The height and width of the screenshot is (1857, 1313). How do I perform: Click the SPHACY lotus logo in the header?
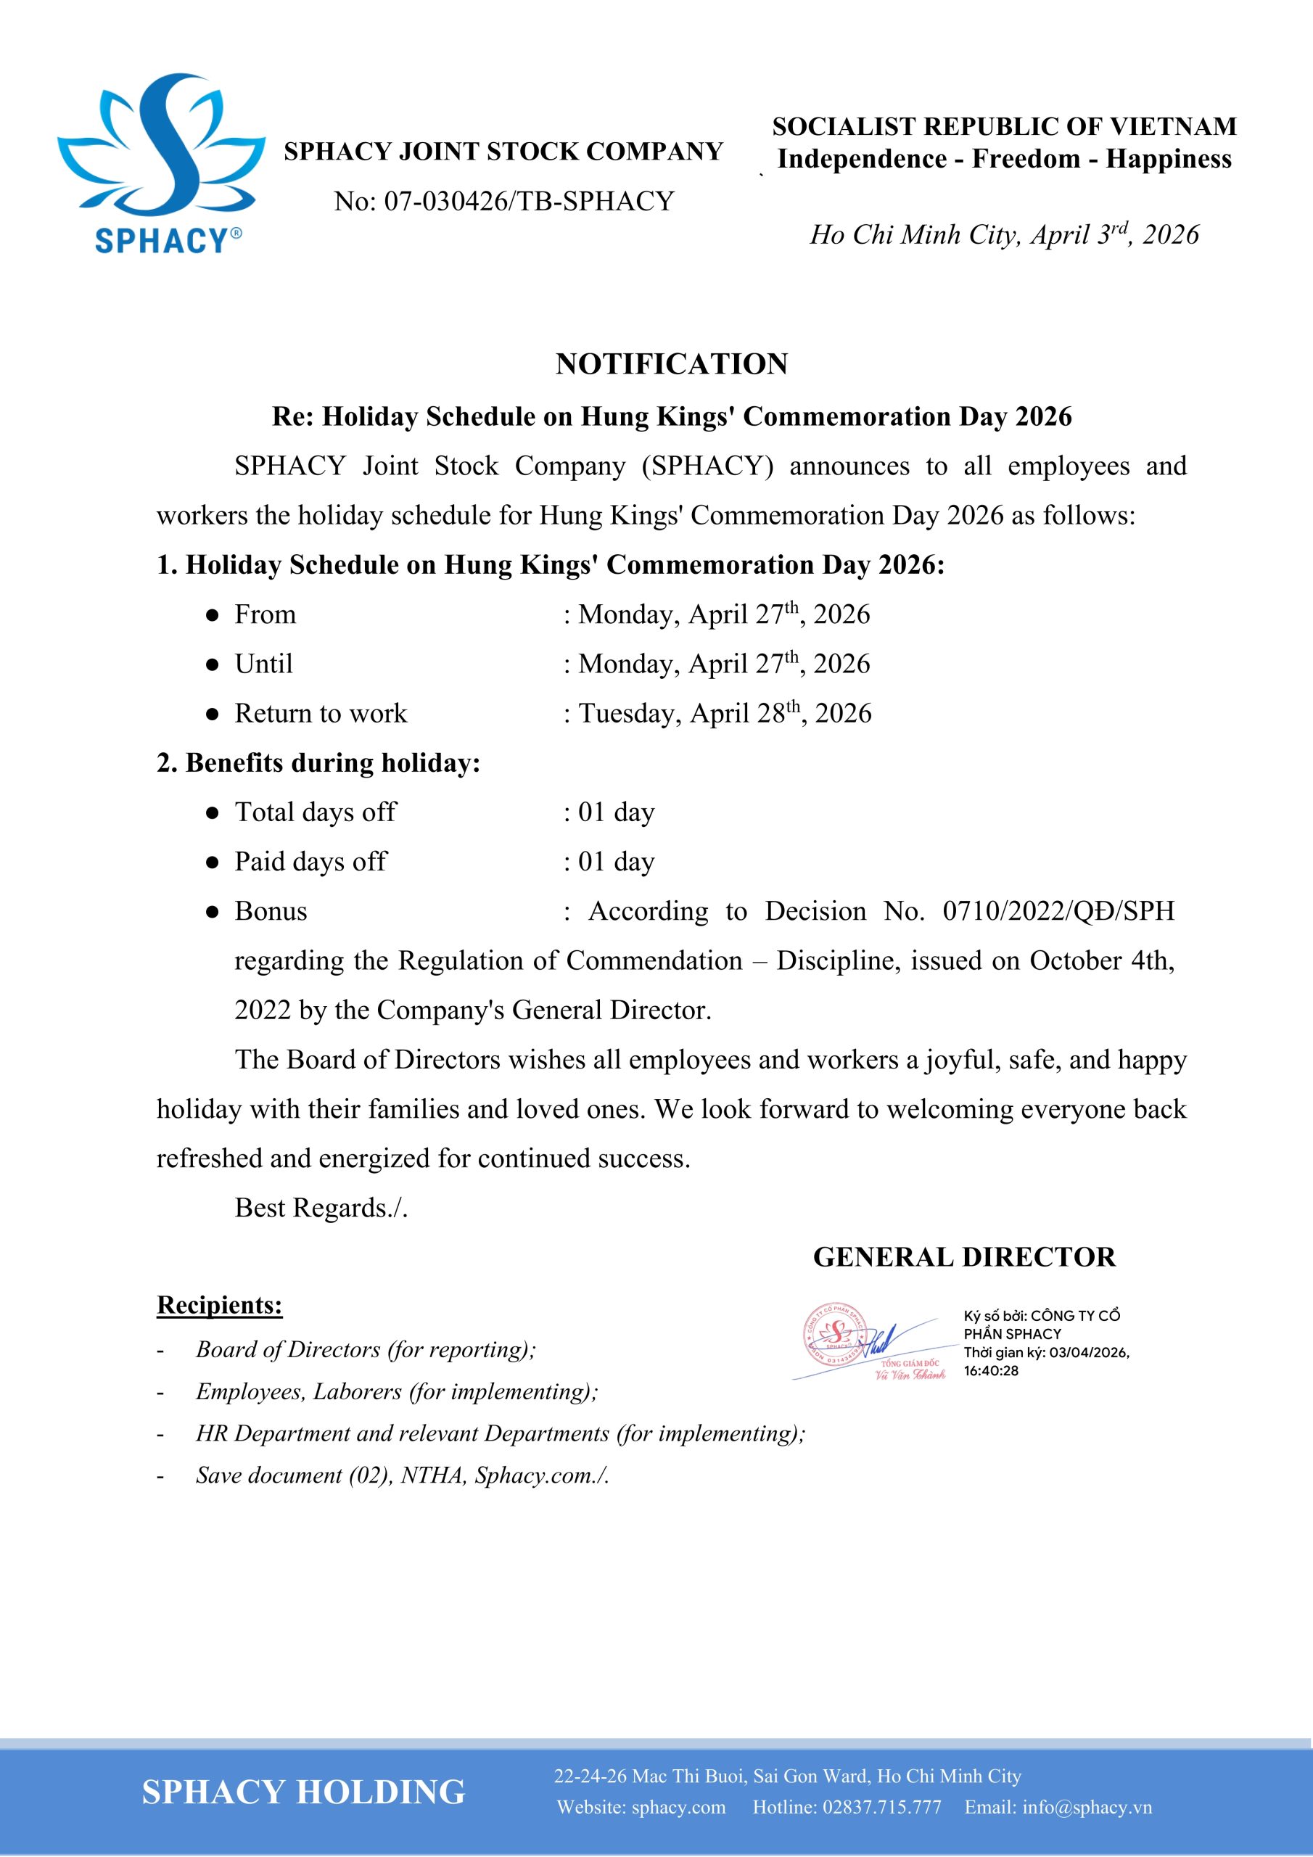click(x=161, y=162)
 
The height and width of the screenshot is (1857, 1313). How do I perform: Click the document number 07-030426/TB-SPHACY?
click(x=504, y=202)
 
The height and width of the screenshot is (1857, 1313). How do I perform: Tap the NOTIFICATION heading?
click(x=672, y=364)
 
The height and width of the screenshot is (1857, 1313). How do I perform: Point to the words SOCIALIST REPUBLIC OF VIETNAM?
click(x=1004, y=126)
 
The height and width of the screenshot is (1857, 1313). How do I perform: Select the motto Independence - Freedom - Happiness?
click(x=1004, y=159)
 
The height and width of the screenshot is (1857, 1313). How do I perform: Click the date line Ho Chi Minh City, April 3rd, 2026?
click(x=1004, y=234)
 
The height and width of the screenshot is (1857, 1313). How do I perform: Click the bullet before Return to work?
click(x=212, y=715)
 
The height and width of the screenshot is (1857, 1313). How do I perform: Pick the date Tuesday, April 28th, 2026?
click(x=725, y=713)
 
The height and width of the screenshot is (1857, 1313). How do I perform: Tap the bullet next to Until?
click(x=212, y=665)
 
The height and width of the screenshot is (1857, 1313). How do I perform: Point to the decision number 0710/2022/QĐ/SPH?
click(x=1058, y=912)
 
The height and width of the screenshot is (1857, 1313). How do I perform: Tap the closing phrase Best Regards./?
click(x=321, y=1208)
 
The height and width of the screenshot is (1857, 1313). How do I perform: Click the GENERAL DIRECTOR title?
click(x=964, y=1257)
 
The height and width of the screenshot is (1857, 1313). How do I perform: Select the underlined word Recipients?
click(x=219, y=1306)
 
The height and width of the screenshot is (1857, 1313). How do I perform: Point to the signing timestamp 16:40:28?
click(x=991, y=1371)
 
